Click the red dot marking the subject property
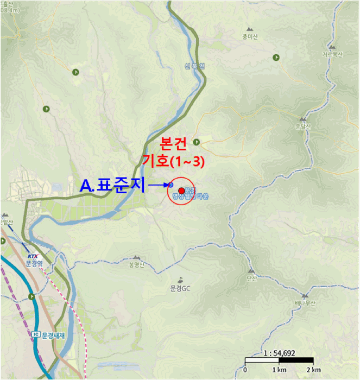coord(181,191)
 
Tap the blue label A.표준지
coord(112,186)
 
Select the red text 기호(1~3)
coord(173,161)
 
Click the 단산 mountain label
coord(251,278)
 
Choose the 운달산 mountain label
coord(302,127)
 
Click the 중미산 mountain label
coord(250,37)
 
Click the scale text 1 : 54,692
coord(279,353)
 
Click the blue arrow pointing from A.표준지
coord(160,186)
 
